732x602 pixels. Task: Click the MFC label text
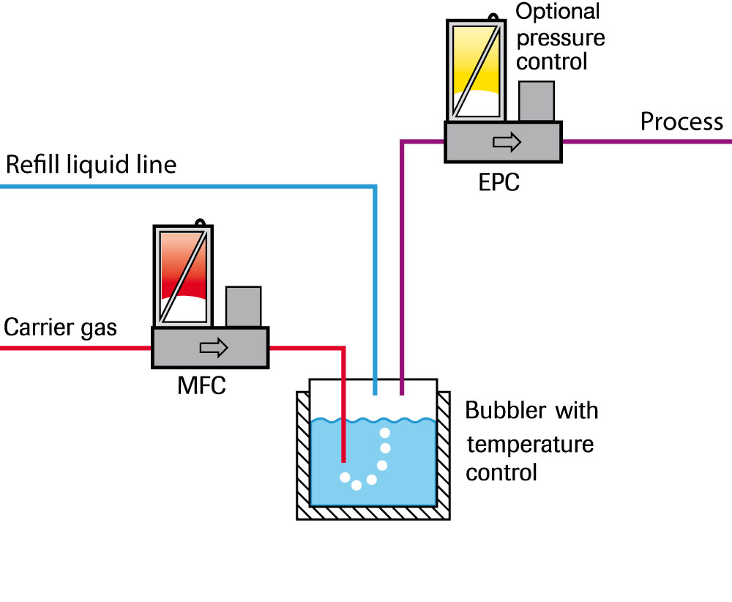pyautogui.click(x=201, y=385)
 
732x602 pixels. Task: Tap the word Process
pyautogui.click(x=681, y=122)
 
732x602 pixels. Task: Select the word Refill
pyautogui.click(x=34, y=165)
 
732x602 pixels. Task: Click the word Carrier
pyautogui.click(x=41, y=327)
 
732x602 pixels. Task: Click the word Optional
pyautogui.click(x=558, y=12)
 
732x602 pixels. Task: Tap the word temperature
pyautogui.click(x=530, y=444)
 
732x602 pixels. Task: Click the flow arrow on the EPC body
pyautogui.click(x=506, y=142)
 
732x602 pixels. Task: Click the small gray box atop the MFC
pyautogui.click(x=243, y=305)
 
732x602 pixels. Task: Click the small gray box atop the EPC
pyautogui.click(x=536, y=100)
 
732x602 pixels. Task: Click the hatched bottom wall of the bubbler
pyautogui.click(x=373, y=513)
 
